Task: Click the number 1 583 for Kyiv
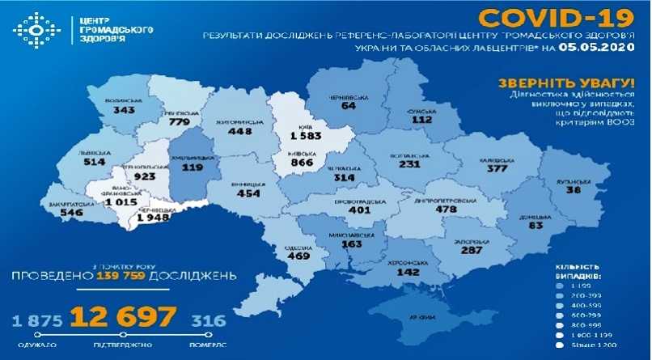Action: (303, 136)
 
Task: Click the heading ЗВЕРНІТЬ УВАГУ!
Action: (553, 83)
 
